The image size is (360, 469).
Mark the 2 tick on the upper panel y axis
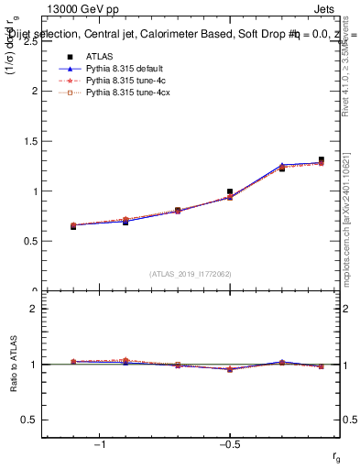pyautogui.click(x=34, y=92)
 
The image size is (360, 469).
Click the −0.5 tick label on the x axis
pyautogui.click(x=228, y=445)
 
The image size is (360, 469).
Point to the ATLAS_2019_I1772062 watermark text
pyautogui.click(x=191, y=274)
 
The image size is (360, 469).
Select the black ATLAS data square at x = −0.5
pyautogui.click(x=230, y=191)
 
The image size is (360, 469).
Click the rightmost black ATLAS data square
pyautogui.click(x=321, y=159)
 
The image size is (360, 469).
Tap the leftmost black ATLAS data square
pyautogui.click(x=73, y=226)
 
